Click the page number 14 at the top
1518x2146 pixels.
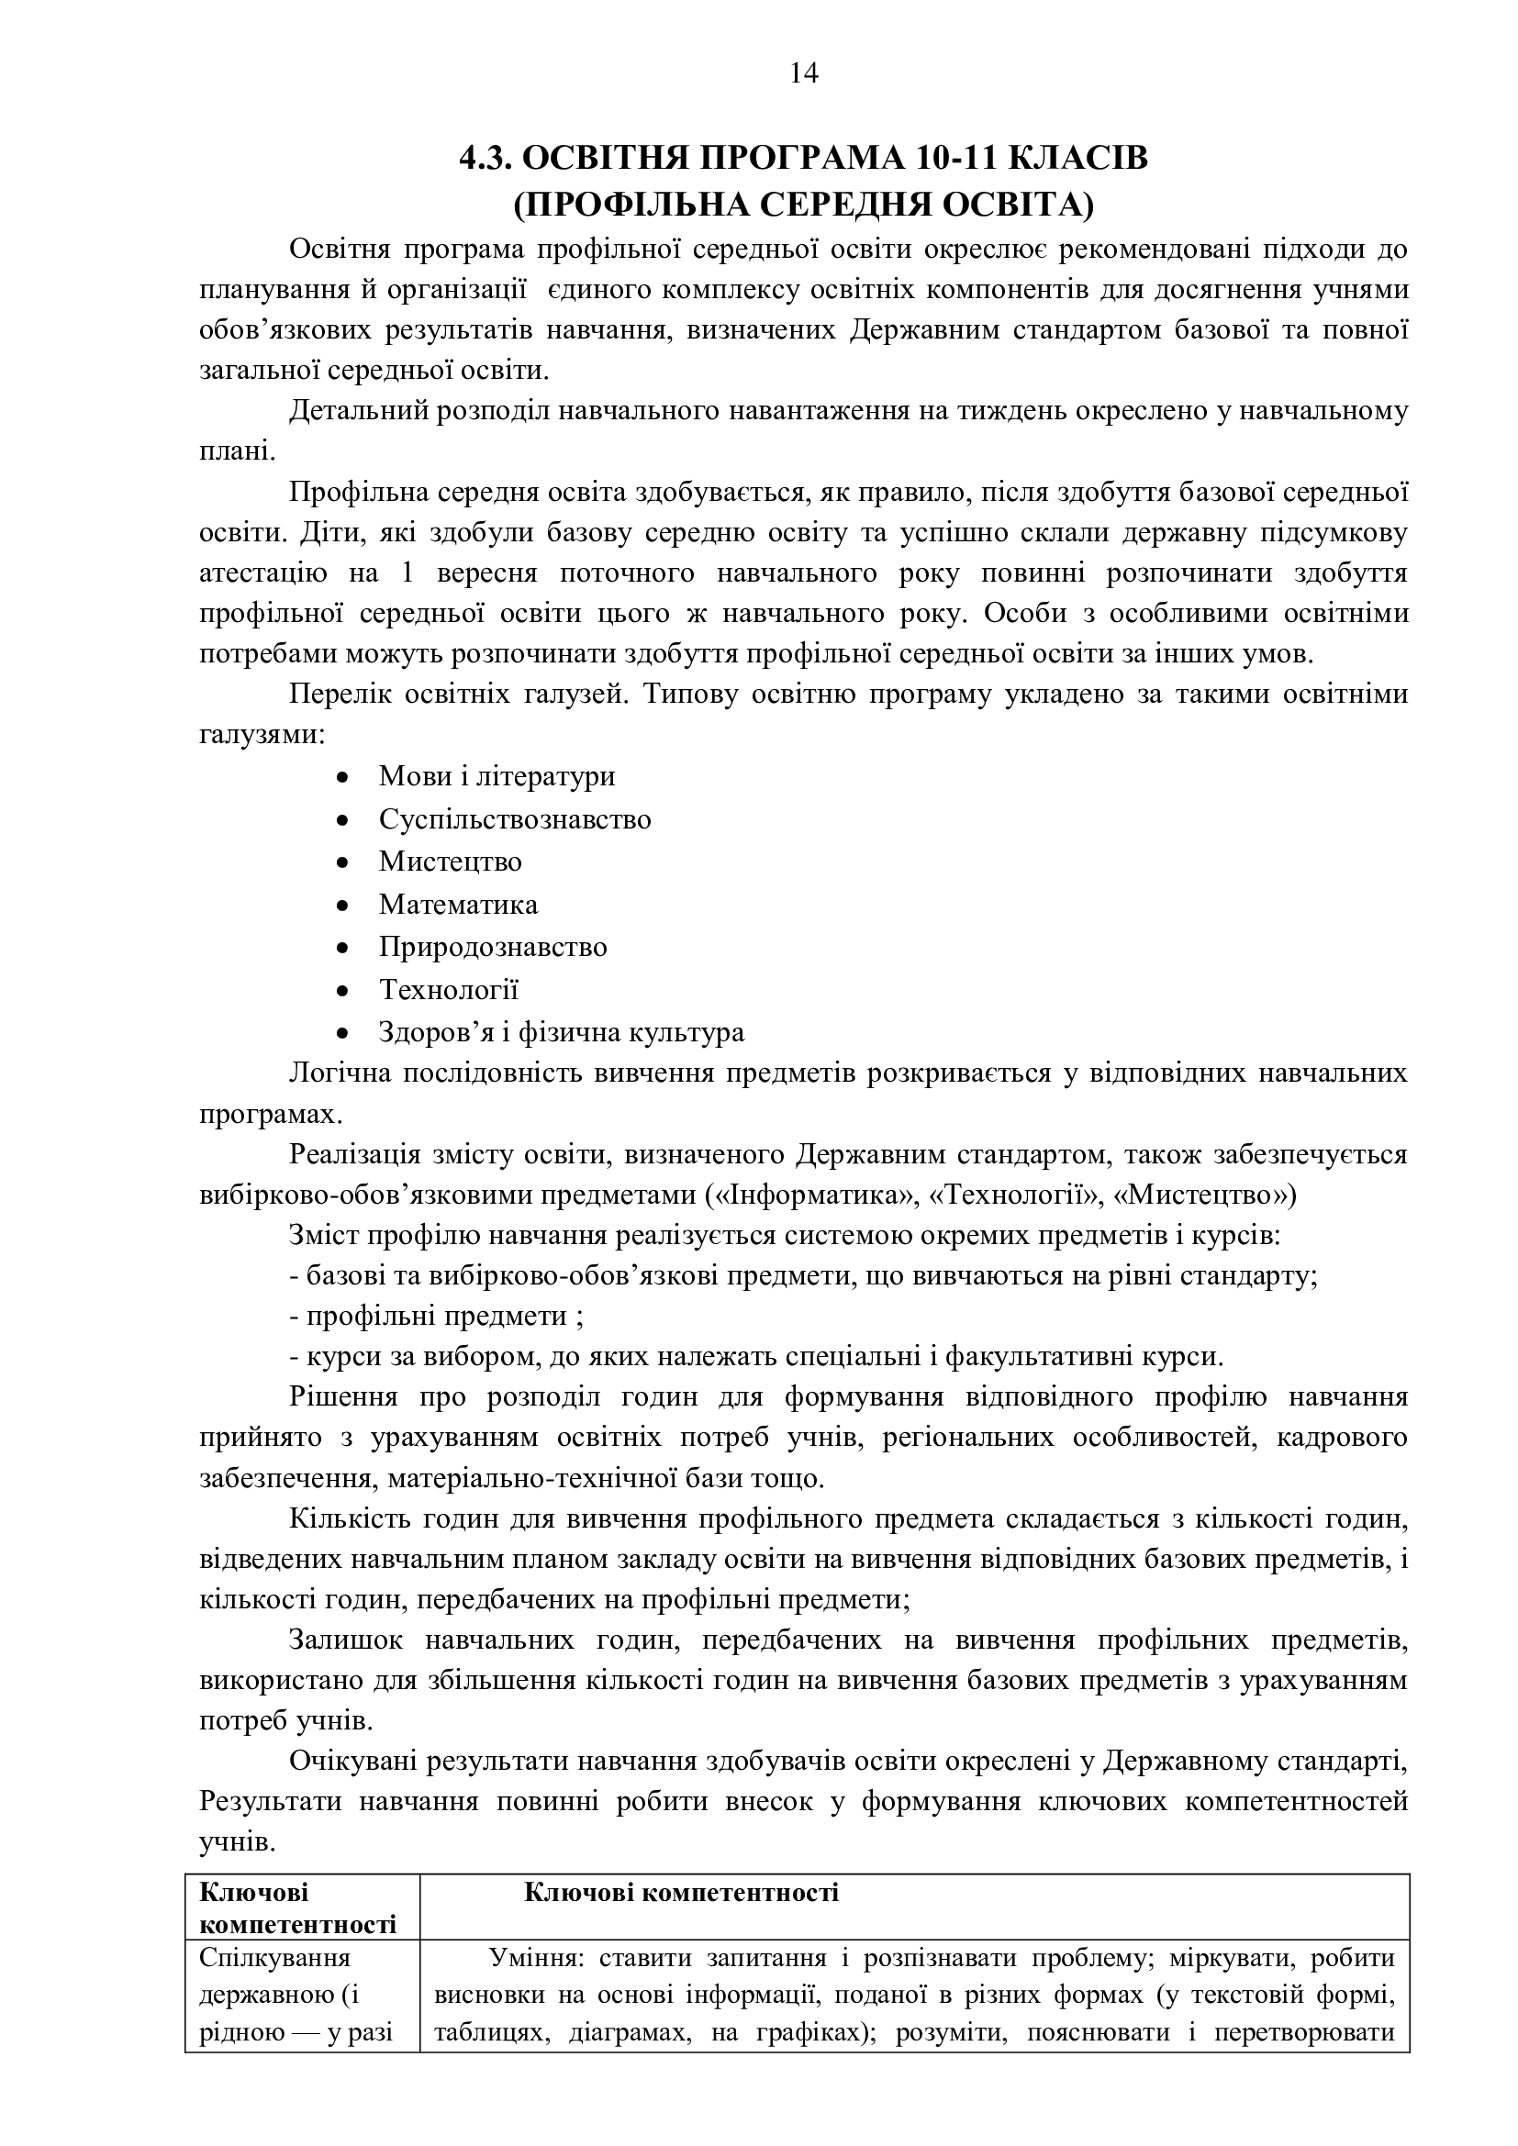804,72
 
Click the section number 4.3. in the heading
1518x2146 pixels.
486,159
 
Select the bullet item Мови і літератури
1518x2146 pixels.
497,776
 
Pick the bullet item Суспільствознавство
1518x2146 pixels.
515,818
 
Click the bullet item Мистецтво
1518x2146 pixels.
450,861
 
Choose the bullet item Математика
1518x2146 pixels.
458,904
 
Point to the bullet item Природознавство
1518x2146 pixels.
493,947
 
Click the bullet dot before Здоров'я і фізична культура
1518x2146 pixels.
343,1033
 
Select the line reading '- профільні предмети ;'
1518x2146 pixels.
438,1316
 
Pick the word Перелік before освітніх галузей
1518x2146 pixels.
337,695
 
